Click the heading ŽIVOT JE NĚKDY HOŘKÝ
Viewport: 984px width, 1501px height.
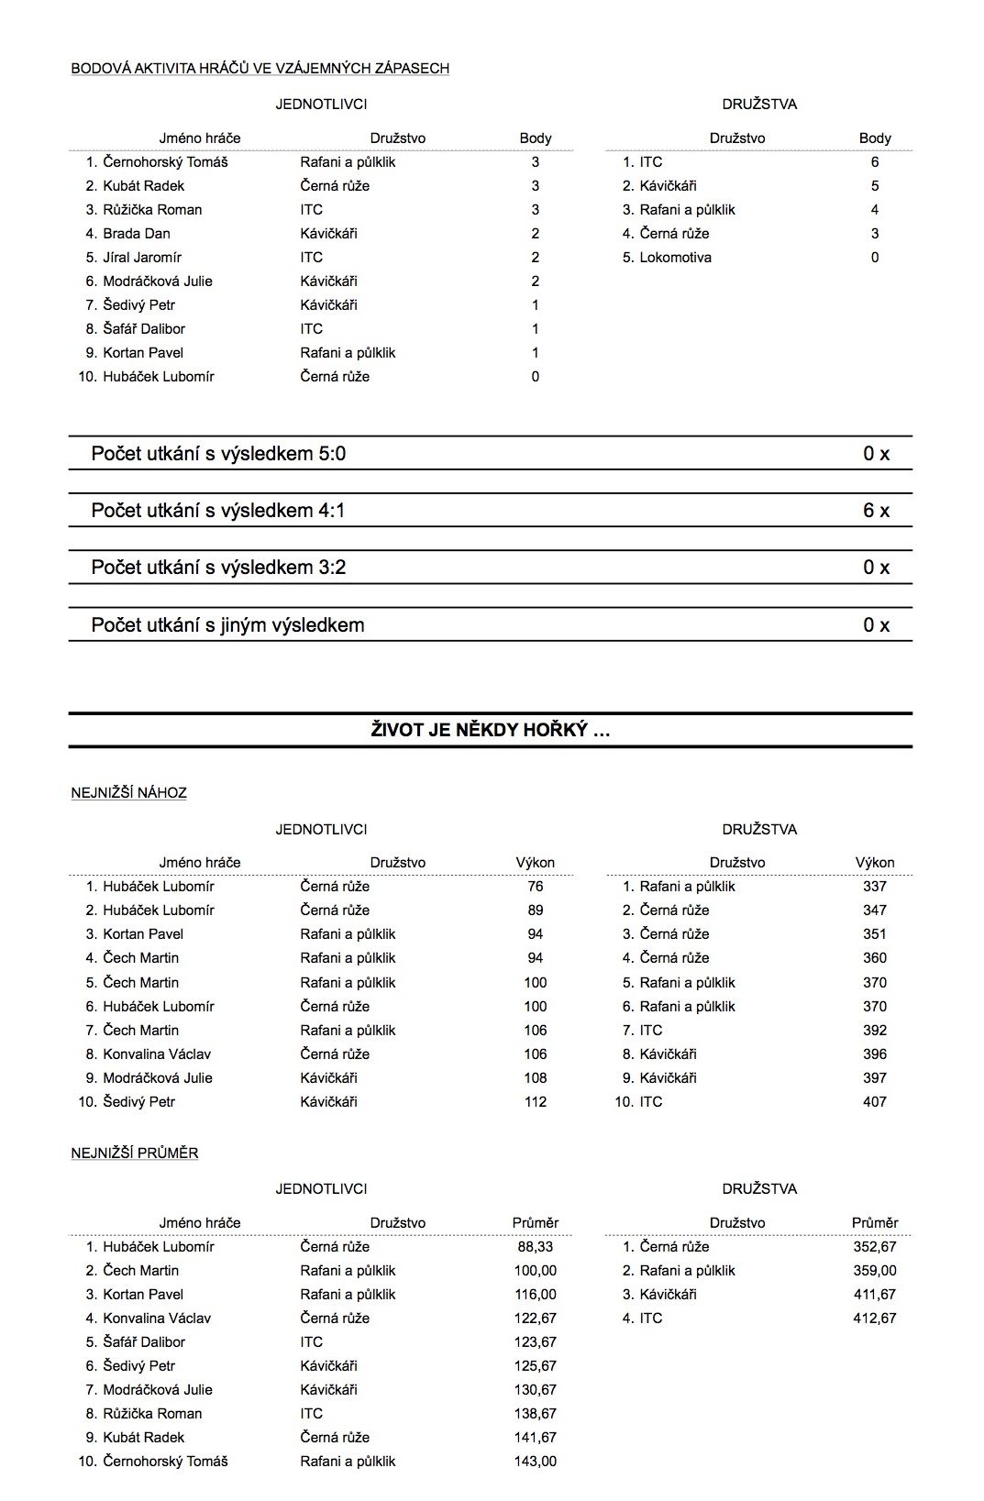pyautogui.click(x=491, y=731)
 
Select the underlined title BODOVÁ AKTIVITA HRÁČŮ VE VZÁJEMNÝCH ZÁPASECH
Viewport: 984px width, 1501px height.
pyautogui.click(x=260, y=68)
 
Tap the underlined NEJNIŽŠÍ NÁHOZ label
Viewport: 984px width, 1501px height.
pyautogui.click(x=128, y=793)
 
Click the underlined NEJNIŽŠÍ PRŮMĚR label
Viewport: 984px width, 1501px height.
pyautogui.click(x=135, y=1153)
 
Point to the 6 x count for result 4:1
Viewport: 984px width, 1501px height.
pyautogui.click(x=876, y=511)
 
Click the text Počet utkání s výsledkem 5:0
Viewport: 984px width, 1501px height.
pyautogui.click(x=218, y=454)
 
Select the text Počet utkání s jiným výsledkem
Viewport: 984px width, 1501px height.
pyautogui.click(x=227, y=625)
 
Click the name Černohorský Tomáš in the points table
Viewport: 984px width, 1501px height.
pyautogui.click(x=165, y=162)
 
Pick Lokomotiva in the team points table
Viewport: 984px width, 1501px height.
pyautogui.click(x=675, y=258)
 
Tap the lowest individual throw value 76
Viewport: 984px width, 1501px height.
pyautogui.click(x=536, y=887)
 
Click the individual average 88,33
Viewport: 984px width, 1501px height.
pyautogui.click(x=536, y=1247)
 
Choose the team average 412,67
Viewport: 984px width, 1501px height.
pyautogui.click(x=875, y=1319)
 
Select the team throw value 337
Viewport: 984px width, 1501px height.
pyautogui.click(x=875, y=887)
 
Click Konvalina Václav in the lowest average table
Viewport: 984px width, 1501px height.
pyautogui.click(x=157, y=1319)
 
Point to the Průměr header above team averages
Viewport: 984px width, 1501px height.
pyautogui.click(x=875, y=1223)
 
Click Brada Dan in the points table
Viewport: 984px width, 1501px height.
pyautogui.click(x=137, y=234)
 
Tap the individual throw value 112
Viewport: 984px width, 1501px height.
pyautogui.click(x=536, y=1102)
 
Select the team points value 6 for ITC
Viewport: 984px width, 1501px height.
pyautogui.click(x=875, y=162)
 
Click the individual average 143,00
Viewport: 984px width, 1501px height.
pyautogui.click(x=536, y=1462)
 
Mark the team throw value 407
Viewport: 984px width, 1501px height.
pyautogui.click(x=875, y=1102)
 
